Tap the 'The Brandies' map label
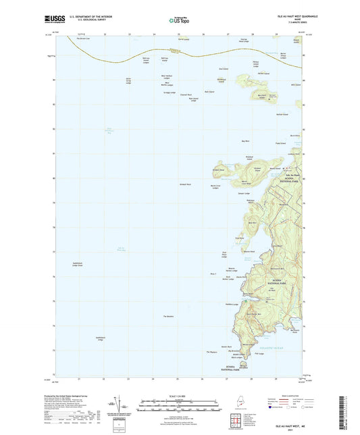(169, 317)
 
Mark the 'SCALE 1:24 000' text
(180, 395)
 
